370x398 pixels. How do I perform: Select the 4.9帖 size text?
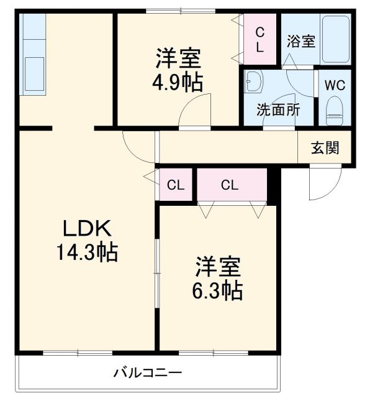(178, 82)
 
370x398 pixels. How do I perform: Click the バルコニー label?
(147, 373)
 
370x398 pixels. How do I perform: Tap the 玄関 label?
(325, 148)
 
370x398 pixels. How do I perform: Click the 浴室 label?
(301, 42)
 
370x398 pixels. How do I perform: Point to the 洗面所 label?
(279, 109)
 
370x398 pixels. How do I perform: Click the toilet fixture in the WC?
(335, 107)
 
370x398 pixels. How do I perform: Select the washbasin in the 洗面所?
(254, 83)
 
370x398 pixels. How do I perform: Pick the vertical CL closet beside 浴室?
(260, 39)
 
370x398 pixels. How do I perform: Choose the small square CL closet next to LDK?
(176, 184)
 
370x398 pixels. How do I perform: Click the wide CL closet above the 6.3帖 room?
(229, 184)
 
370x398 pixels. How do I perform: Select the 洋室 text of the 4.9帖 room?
(178, 59)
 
